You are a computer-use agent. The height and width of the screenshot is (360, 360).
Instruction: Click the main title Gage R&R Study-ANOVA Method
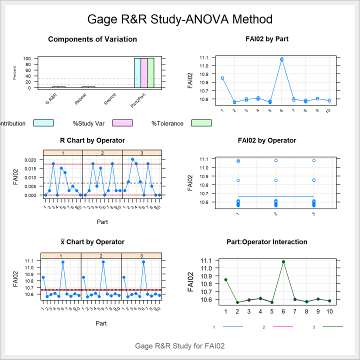click(180, 19)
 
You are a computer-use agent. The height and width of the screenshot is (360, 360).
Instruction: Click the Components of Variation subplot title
click(92, 39)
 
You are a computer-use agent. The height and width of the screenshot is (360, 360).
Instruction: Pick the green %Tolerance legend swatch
click(201, 123)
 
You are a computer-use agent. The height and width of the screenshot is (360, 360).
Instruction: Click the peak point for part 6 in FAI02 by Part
click(281, 59)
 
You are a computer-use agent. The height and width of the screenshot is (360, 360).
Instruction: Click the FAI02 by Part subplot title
click(267, 39)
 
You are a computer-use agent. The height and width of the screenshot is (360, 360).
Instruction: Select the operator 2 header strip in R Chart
click(102, 152)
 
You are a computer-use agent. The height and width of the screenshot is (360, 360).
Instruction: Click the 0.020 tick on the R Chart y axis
click(31, 160)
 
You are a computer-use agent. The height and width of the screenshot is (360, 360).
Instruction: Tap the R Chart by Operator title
click(92, 140)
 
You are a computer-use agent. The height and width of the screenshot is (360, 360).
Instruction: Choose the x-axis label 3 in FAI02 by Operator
click(313, 214)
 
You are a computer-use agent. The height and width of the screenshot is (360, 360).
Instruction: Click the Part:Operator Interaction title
click(267, 242)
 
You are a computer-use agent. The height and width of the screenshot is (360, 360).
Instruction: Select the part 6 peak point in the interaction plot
click(283, 261)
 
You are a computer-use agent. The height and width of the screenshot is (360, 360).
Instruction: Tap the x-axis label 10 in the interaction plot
click(329, 311)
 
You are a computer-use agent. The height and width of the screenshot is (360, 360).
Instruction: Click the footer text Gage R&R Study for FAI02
click(180, 345)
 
